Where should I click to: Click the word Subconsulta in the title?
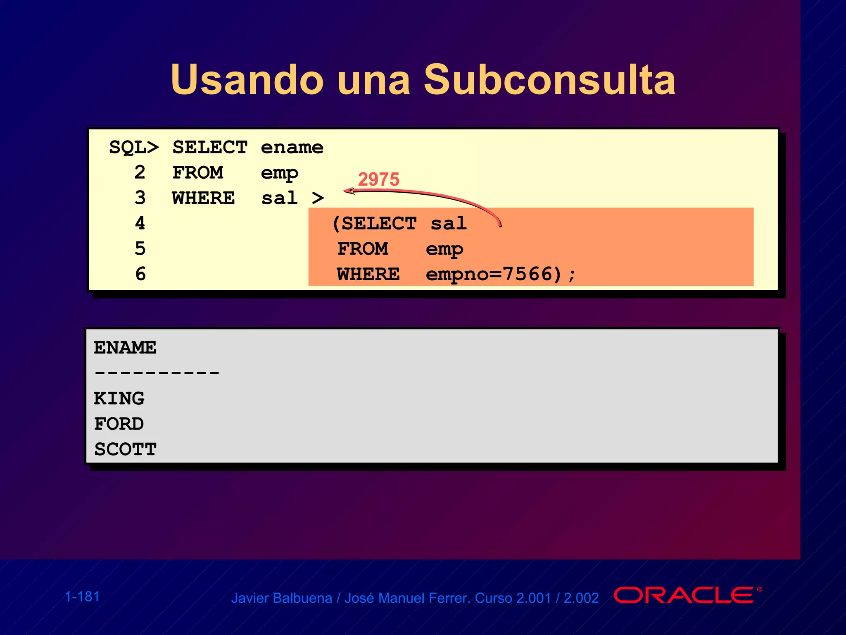[549, 80]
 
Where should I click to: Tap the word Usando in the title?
[247, 80]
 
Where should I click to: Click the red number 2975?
[378, 179]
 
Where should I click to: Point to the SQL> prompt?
[134, 148]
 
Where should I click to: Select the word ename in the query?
[292, 148]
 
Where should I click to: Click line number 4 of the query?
[140, 223]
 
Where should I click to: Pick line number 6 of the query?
[140, 274]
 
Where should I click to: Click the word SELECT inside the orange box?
[379, 224]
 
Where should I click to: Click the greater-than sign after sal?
[318, 198]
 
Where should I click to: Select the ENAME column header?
[125, 348]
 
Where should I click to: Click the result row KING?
[119, 399]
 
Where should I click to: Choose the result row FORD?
[119, 424]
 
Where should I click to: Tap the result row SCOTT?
[125, 449]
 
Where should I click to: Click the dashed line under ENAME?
[157, 373]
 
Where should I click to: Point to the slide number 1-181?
[82, 597]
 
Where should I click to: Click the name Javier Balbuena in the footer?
[281, 598]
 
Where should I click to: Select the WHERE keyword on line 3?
[203, 198]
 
